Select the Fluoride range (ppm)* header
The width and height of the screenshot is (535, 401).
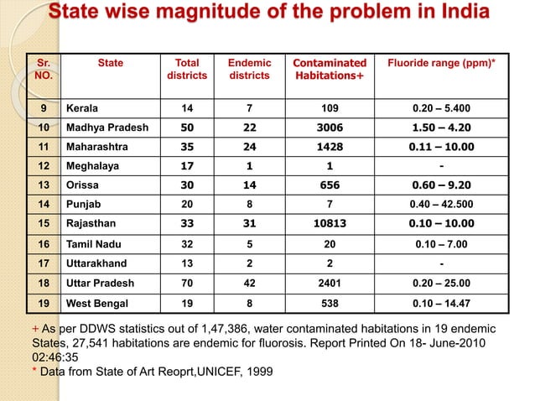coord(449,63)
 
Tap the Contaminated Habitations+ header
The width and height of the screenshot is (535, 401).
coord(330,70)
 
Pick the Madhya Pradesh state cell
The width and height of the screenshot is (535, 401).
coord(107,128)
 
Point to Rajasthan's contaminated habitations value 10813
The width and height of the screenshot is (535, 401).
coord(330,225)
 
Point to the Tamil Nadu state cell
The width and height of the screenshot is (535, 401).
coord(94,244)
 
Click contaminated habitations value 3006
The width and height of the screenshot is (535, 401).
coord(330,128)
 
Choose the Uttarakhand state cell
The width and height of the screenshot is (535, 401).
coord(96,263)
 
